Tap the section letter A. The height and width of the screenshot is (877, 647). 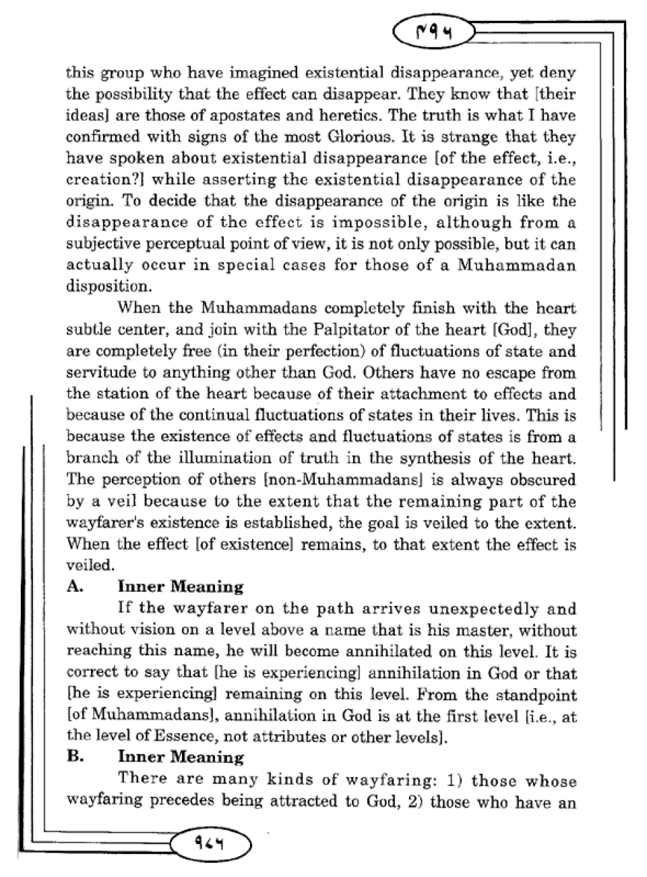point(74,587)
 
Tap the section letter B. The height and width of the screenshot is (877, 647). point(74,756)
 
